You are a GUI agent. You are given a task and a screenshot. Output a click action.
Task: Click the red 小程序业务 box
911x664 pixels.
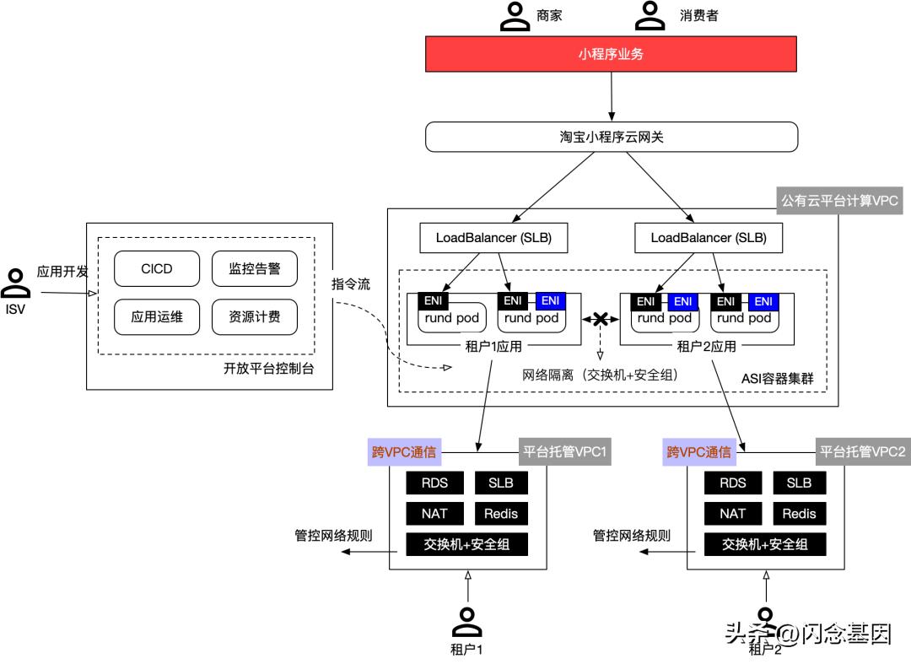pyautogui.click(x=612, y=55)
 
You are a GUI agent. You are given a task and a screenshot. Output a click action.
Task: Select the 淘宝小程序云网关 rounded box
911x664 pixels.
pyautogui.click(x=612, y=137)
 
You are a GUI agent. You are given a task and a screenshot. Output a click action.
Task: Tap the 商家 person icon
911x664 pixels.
pyautogui.click(x=515, y=15)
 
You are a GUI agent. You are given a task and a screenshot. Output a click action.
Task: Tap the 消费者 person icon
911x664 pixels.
pyautogui.click(x=650, y=15)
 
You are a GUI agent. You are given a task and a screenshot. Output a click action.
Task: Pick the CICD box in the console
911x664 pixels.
pyautogui.click(x=157, y=269)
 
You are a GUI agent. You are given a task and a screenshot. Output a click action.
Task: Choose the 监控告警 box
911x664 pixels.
pyautogui.click(x=254, y=269)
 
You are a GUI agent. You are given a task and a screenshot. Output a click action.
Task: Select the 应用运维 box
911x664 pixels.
pyautogui.click(x=157, y=317)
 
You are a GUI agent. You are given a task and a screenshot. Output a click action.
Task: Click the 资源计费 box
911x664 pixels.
pyautogui.click(x=254, y=317)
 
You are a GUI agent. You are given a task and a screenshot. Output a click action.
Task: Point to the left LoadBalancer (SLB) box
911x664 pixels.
pyautogui.click(x=493, y=238)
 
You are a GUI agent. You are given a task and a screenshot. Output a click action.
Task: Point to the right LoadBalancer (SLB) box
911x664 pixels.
pyautogui.click(x=709, y=238)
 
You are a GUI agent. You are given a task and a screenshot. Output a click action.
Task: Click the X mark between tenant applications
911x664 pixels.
pyautogui.click(x=601, y=320)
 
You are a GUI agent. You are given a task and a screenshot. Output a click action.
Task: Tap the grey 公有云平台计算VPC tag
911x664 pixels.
pyautogui.click(x=839, y=201)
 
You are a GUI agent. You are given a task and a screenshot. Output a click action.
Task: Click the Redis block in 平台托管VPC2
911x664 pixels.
pyautogui.click(x=799, y=513)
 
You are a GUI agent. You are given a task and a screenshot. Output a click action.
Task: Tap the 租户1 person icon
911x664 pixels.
pyautogui.click(x=466, y=622)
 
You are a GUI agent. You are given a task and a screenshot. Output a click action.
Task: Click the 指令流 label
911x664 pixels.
pyautogui.click(x=351, y=284)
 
